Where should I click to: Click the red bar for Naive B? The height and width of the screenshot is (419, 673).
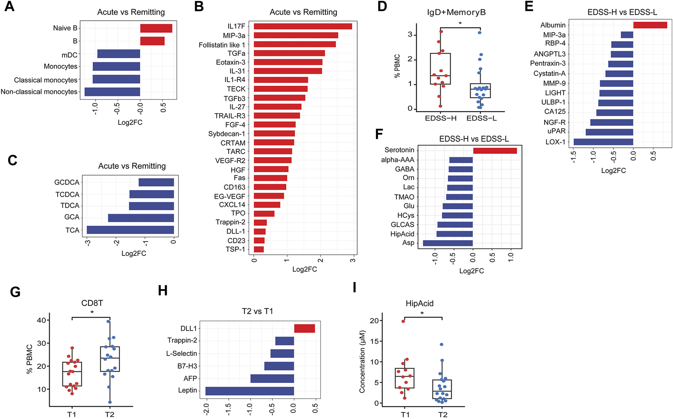coord(156,28)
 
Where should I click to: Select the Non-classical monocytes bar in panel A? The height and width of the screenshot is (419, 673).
coord(112,92)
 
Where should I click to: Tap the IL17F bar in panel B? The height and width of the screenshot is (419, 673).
coord(303,26)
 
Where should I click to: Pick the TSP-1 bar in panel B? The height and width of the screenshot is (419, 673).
coord(259,249)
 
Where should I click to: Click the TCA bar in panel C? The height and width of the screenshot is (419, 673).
coord(130,230)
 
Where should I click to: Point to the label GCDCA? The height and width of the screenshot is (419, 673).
coord(67,183)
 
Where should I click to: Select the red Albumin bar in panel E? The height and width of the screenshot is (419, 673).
coord(650,25)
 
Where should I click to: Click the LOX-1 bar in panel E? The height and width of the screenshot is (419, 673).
coord(603,142)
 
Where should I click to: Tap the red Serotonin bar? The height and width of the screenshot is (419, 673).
coord(495,151)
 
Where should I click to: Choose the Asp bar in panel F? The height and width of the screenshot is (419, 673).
coord(448,243)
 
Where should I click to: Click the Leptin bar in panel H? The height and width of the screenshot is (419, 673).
coord(250,391)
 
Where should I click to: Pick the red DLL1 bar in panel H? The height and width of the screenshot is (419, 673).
coord(304,328)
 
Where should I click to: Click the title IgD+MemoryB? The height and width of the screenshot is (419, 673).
coord(456,13)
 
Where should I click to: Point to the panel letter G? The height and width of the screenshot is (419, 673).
coord(15,292)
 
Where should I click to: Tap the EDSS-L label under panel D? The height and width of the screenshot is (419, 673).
coord(481,118)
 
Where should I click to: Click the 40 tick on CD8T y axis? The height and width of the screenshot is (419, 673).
coord(41,320)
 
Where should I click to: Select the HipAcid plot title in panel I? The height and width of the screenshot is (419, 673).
coord(419,304)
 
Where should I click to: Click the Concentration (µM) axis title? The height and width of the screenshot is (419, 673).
coord(362,361)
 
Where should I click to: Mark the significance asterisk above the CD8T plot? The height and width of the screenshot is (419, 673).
coord(92,313)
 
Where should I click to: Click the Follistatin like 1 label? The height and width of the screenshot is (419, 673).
coord(222,45)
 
